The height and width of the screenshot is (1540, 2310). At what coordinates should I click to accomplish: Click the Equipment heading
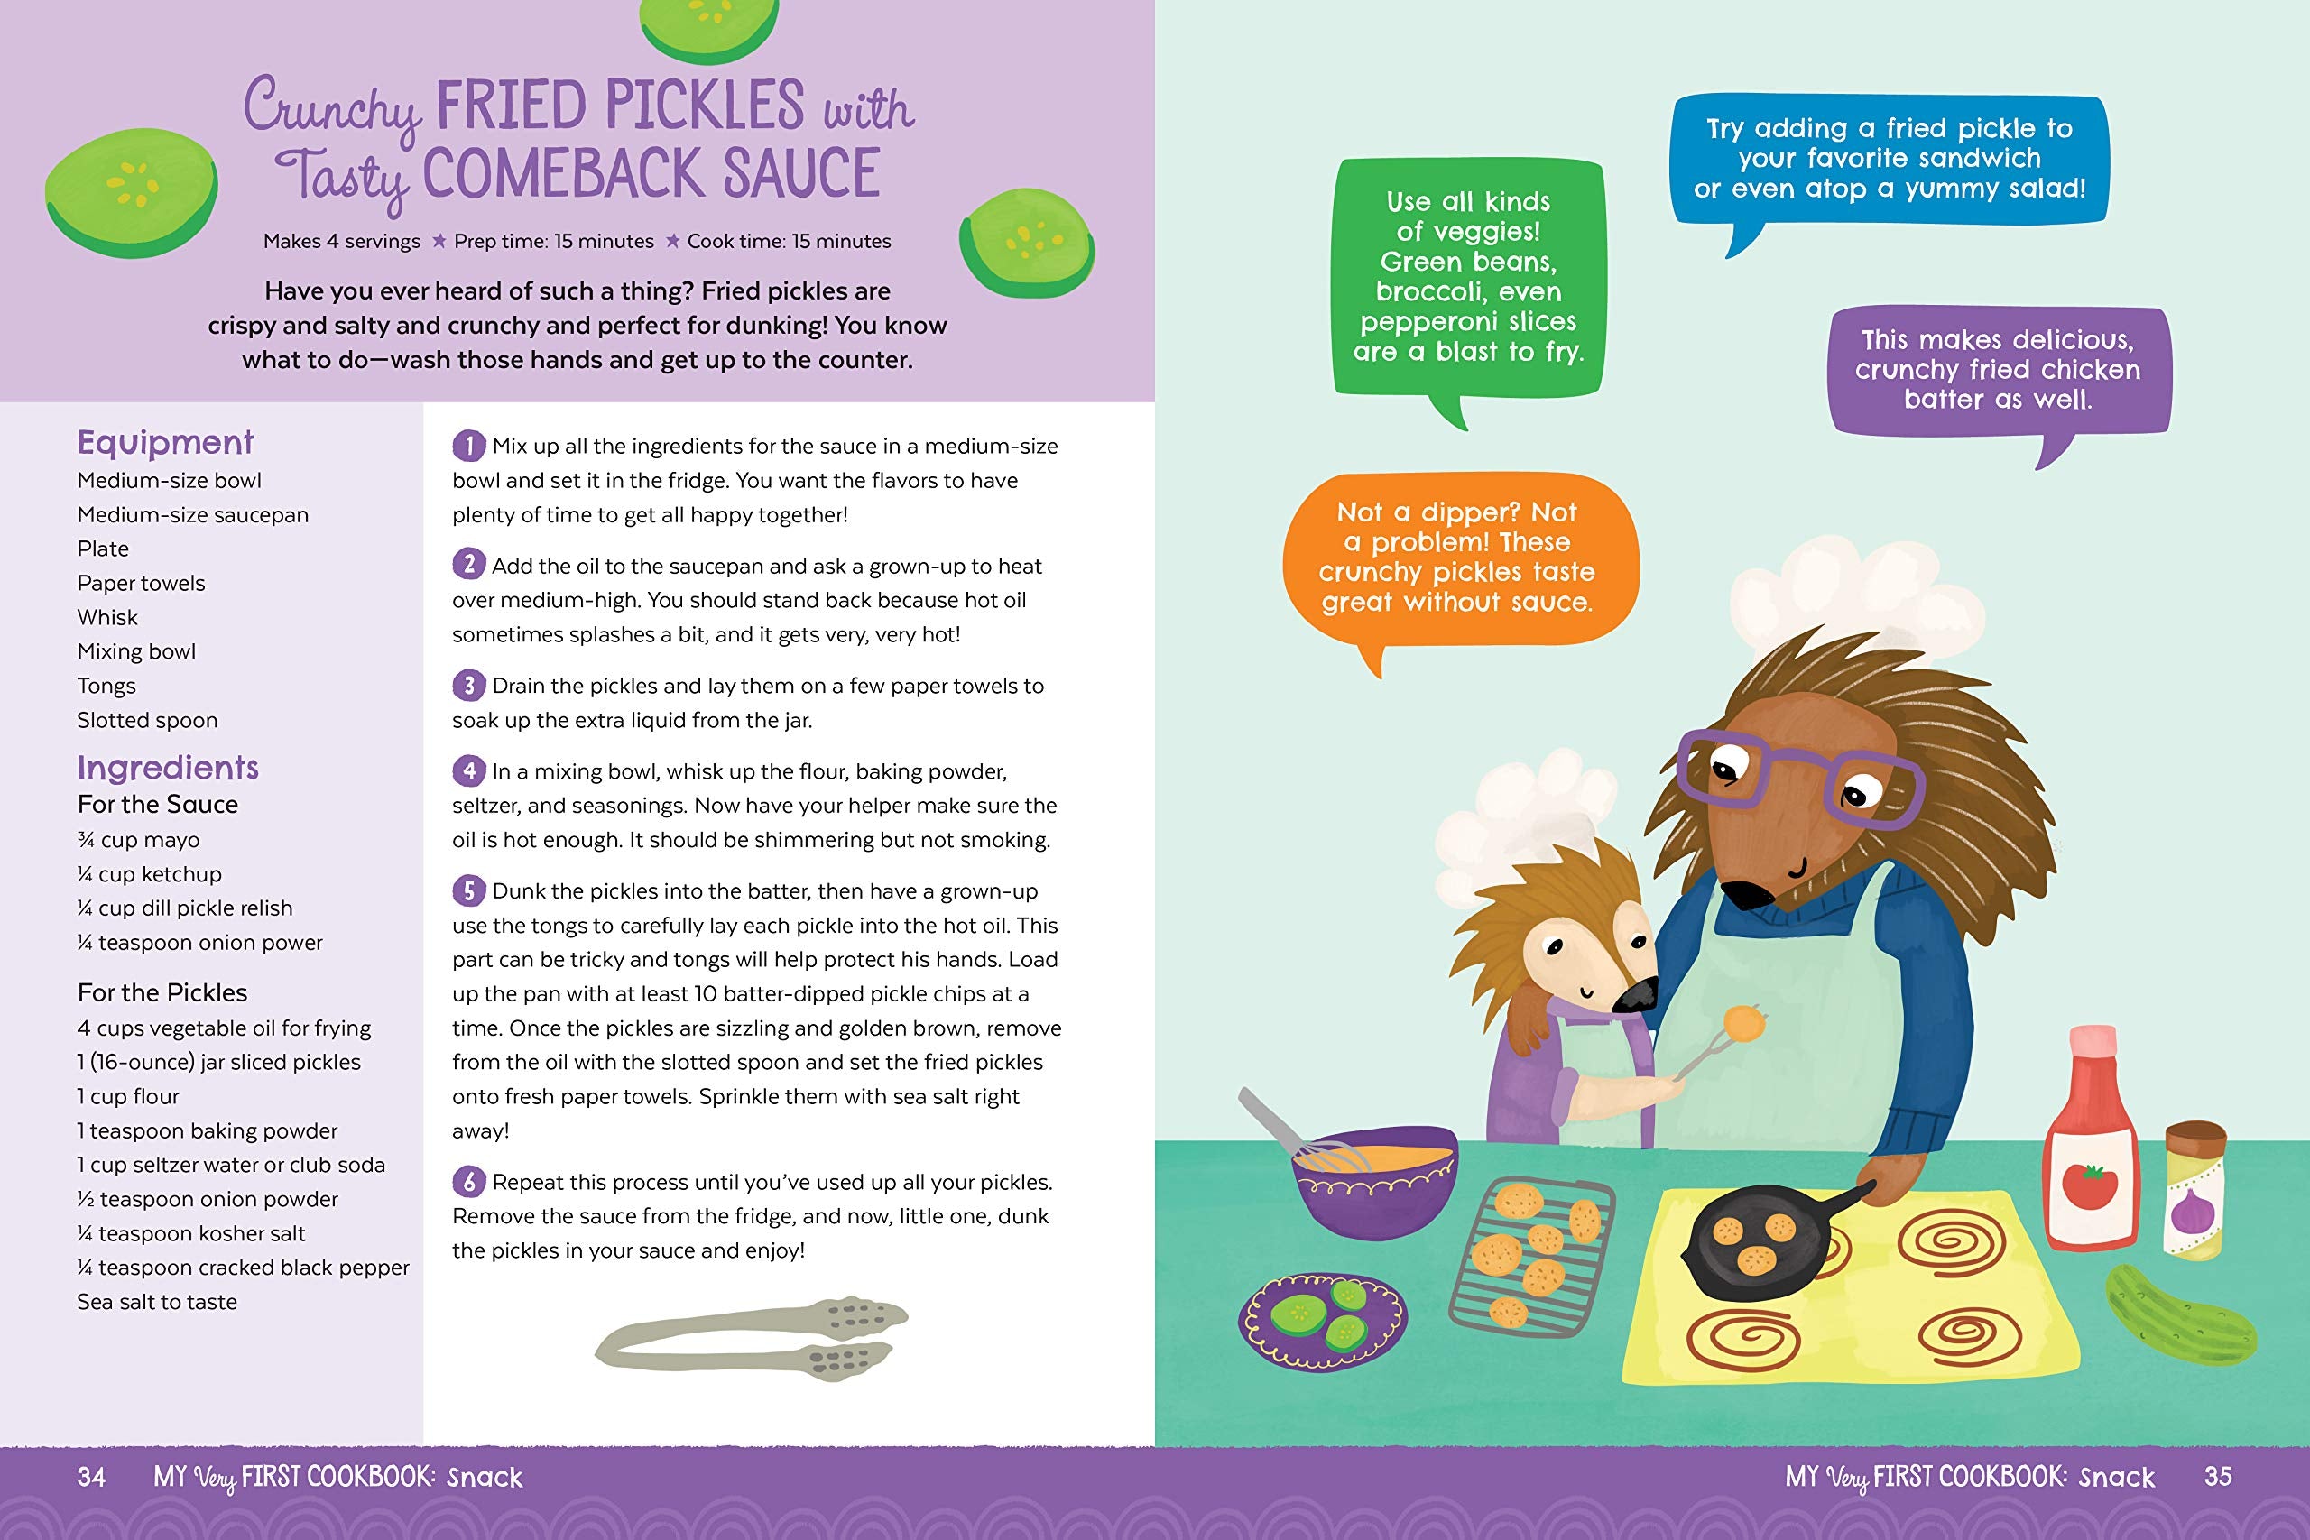pos(165,443)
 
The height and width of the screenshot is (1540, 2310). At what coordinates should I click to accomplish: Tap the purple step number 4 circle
pos(468,771)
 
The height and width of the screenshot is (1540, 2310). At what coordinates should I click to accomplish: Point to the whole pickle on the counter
pos(2178,1314)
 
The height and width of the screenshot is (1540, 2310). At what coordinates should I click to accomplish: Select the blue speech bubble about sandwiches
pos(1888,159)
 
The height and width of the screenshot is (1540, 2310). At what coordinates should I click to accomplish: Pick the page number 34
pos(91,1476)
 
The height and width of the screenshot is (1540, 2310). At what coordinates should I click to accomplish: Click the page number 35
pos(2218,1476)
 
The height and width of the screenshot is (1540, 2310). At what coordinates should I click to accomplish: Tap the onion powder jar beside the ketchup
pos(2194,1189)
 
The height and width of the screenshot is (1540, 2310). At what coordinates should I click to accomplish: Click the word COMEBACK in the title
pos(564,174)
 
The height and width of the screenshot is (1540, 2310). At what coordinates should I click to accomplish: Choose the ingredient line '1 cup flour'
pos(127,1096)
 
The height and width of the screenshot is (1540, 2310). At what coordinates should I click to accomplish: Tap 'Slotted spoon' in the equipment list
pos(147,720)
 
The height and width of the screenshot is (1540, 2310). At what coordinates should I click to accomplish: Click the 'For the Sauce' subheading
pos(158,805)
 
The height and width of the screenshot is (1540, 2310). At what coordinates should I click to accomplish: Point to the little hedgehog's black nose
pos(1634,997)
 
